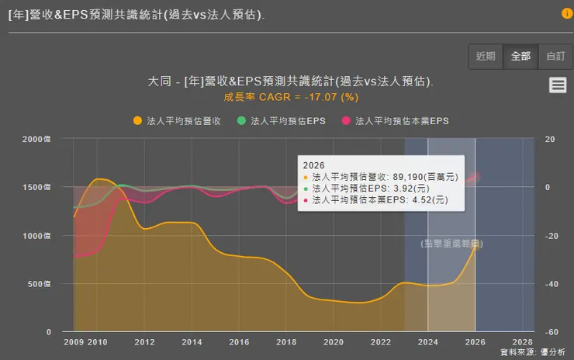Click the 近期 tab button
tap(486, 56)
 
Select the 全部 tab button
tap(520, 56)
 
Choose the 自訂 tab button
tap(555, 56)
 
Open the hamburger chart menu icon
tap(558, 86)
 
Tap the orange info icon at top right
tap(567, 13)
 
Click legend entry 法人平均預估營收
tap(178, 121)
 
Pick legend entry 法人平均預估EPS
tap(282, 121)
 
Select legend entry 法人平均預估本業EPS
tap(400, 121)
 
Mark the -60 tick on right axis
tap(551, 332)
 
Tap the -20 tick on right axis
tap(551, 236)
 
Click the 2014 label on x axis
tap(192, 343)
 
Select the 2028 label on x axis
tap(522, 343)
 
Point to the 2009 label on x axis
tap(74, 343)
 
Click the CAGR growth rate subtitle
tap(291, 97)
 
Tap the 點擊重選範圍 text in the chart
tap(451, 244)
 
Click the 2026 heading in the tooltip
tap(314, 165)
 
